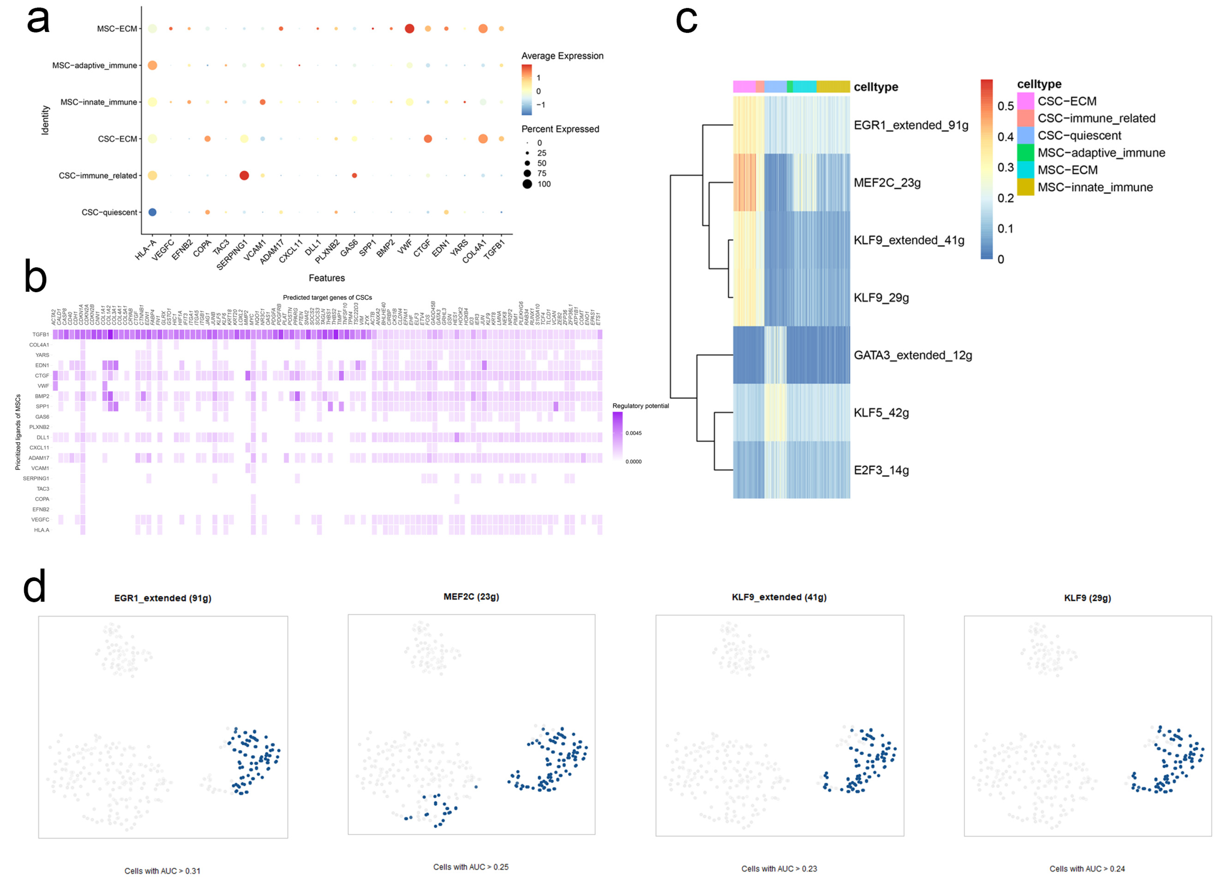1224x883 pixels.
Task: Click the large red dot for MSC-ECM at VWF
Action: coord(409,28)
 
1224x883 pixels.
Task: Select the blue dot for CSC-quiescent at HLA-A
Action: coord(152,212)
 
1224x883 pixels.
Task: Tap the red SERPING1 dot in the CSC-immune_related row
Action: coord(244,175)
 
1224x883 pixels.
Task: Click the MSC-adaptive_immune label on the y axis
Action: coord(94,65)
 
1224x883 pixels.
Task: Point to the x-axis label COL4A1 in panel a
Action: coord(473,251)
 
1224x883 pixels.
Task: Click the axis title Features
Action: coord(326,278)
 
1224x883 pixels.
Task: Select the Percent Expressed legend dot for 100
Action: coord(527,184)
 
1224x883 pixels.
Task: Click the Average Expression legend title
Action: coord(562,56)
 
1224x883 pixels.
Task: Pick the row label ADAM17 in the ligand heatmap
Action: coord(39,458)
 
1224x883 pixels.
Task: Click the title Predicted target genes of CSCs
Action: coord(327,297)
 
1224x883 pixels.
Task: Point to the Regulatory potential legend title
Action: coord(640,406)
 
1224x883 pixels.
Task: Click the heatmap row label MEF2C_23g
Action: coord(887,182)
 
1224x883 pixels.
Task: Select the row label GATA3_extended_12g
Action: coord(913,355)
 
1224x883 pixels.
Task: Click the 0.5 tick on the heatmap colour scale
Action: coord(1005,106)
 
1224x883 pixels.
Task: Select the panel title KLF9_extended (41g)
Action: coord(779,597)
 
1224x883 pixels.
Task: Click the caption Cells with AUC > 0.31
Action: coord(162,871)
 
